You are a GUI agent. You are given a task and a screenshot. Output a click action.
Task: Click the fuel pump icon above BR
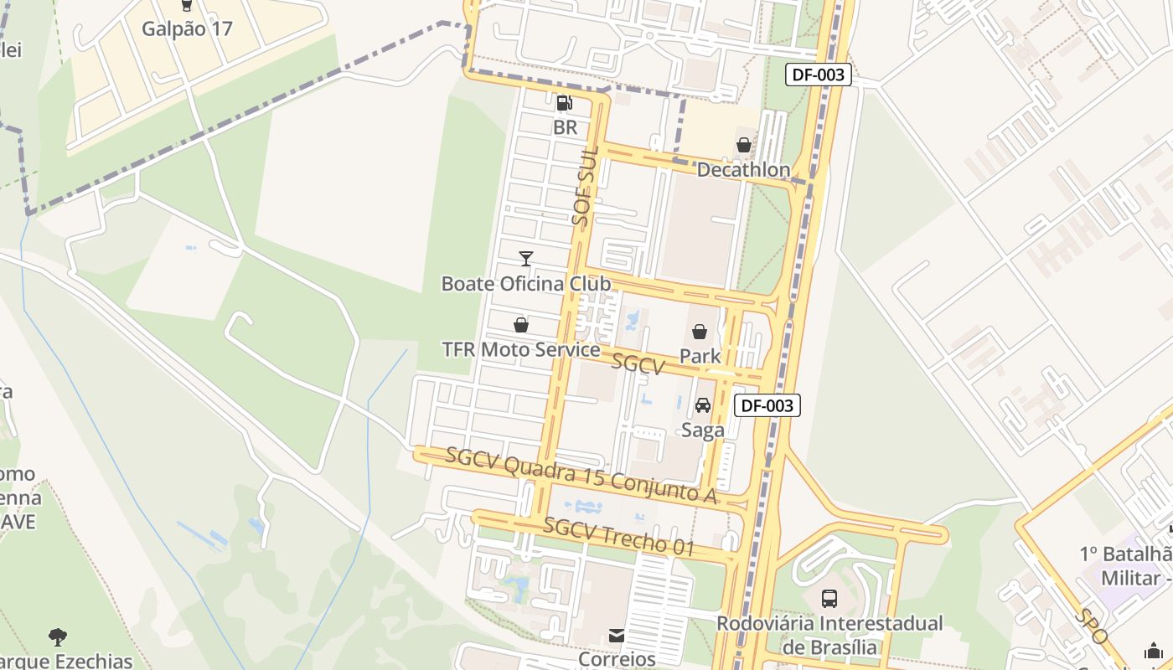[x=565, y=103]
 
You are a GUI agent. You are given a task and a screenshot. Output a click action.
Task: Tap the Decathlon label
[x=743, y=170]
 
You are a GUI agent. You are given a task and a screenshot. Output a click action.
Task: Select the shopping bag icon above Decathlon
[x=743, y=145]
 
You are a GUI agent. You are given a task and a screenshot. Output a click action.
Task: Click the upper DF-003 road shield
[x=819, y=75]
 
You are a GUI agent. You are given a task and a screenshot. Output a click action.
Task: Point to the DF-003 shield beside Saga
[x=767, y=405]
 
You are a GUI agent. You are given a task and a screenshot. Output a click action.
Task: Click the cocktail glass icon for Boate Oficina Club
[x=525, y=258]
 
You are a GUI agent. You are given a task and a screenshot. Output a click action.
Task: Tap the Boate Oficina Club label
[x=526, y=283]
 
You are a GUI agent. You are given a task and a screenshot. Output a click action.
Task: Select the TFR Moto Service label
[x=521, y=349]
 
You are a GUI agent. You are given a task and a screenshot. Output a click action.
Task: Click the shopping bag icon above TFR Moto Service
[x=521, y=324]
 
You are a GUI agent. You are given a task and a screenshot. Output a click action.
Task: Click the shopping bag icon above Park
[x=700, y=332]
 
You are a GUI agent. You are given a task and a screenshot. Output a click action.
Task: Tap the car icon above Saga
[x=703, y=405]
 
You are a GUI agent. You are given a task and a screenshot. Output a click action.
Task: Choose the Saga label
[x=703, y=430]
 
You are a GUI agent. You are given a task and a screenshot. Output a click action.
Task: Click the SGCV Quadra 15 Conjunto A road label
[x=581, y=476]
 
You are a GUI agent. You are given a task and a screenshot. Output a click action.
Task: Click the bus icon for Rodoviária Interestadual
[x=829, y=598]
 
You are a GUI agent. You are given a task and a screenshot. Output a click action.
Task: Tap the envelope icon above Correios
[x=617, y=636]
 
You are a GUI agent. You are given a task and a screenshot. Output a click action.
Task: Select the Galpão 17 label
[x=187, y=28]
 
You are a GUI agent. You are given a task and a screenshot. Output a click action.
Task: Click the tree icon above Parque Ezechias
[x=58, y=636]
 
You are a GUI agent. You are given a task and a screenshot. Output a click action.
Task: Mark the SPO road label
[x=1093, y=626]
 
